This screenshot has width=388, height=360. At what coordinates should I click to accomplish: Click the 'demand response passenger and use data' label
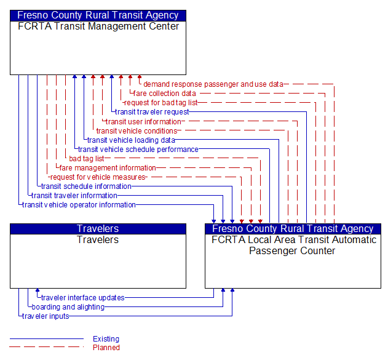(213, 84)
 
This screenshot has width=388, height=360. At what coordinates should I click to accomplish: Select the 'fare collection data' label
(165, 94)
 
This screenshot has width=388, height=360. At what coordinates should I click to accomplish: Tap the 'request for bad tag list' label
(160, 103)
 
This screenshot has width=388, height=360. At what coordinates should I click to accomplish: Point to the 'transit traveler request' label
(152, 112)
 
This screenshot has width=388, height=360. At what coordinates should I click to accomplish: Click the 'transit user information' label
(143, 121)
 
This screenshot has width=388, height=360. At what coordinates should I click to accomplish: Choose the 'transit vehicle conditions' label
(137, 130)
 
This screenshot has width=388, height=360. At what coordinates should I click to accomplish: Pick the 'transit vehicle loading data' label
(131, 140)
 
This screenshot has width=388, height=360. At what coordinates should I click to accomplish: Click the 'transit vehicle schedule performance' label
(138, 149)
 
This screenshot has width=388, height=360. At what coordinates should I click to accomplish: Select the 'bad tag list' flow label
(87, 158)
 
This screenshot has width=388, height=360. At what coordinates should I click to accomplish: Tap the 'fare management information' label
(108, 167)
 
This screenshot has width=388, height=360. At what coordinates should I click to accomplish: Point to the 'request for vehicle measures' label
(98, 177)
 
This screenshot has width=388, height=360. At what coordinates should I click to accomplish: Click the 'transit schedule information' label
(86, 186)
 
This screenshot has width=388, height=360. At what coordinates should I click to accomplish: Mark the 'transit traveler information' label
(74, 195)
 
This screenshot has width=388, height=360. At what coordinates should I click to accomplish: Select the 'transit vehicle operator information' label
(79, 204)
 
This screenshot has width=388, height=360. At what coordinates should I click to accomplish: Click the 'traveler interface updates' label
(82, 298)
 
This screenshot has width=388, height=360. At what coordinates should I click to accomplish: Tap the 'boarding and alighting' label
(68, 307)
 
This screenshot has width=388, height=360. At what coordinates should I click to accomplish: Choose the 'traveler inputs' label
(46, 316)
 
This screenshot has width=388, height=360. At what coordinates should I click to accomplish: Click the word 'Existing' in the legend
(106, 339)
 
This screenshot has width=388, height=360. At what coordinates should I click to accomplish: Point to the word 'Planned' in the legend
(106, 348)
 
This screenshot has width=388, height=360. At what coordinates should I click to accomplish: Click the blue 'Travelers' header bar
(98, 229)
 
